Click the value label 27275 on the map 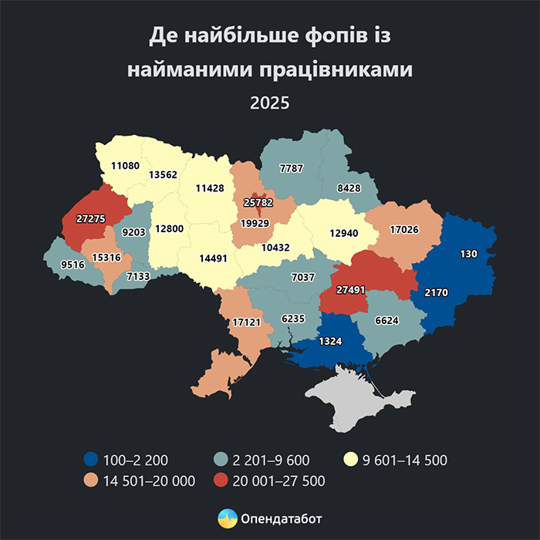point(92,218)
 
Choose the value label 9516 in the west point(62,263)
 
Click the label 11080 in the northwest point(124,165)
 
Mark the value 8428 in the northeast point(351,187)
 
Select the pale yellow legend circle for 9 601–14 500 point(349,461)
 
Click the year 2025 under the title point(269,101)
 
